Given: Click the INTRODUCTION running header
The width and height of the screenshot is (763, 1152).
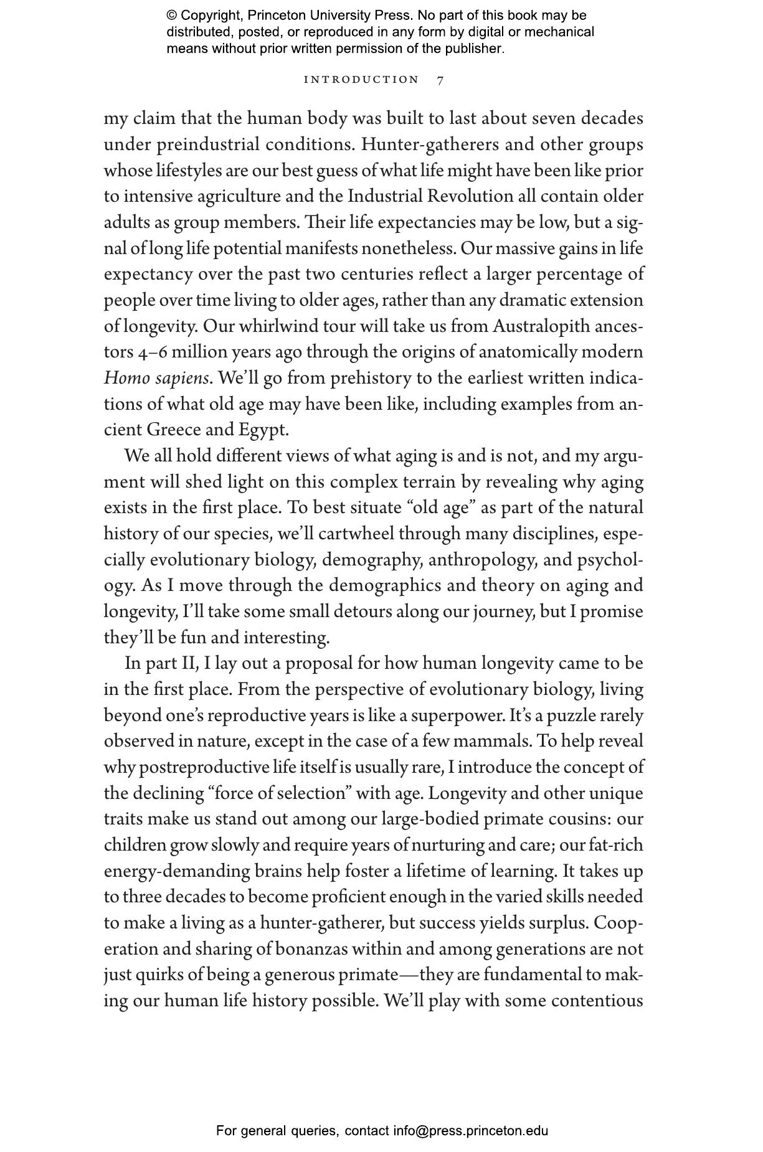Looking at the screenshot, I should tap(361, 80).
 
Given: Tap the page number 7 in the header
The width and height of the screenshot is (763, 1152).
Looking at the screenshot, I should tap(440, 80).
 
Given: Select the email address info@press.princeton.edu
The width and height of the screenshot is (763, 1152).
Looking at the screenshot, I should tap(470, 1131).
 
